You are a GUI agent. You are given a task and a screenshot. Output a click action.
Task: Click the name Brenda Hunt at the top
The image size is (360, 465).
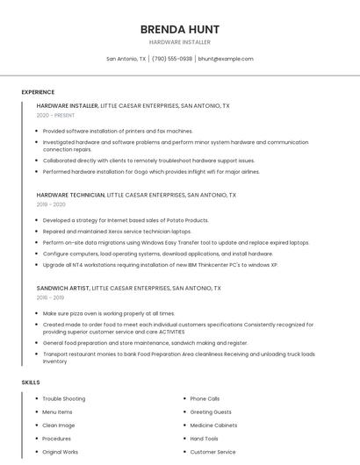(179, 29)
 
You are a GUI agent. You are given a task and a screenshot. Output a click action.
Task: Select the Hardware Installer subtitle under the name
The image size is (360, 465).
(179, 42)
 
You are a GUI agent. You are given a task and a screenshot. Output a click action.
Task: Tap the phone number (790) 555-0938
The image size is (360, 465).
(172, 59)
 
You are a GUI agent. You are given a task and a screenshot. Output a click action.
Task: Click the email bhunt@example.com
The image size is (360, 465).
(226, 59)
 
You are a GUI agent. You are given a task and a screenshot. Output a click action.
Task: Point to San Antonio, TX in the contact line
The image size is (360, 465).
(126, 59)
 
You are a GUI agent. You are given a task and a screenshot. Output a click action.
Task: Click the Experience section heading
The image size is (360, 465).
(38, 92)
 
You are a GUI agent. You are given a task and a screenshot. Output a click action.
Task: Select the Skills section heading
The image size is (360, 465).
(31, 383)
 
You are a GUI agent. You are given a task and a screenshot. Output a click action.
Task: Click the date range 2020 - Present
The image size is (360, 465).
(56, 115)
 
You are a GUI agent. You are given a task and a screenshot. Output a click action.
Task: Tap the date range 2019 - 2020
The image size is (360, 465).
(51, 204)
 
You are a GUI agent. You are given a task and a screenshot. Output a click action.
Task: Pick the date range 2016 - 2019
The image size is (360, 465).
(51, 297)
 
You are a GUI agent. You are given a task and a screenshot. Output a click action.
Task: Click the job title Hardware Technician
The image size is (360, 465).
(70, 195)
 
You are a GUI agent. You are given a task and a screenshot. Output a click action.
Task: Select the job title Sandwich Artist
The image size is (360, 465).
(63, 288)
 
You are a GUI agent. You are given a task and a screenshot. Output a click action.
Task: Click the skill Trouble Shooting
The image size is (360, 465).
(64, 399)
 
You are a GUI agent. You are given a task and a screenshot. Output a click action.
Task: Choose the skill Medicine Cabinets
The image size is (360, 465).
(213, 426)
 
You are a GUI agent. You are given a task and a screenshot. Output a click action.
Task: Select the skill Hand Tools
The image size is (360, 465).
(205, 439)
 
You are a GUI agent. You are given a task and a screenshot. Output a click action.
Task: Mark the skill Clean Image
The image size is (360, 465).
(59, 426)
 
